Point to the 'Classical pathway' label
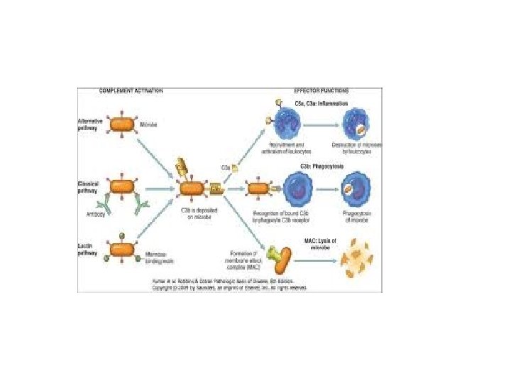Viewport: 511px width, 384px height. click(x=89, y=186)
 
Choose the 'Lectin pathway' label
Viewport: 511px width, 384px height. click(x=89, y=248)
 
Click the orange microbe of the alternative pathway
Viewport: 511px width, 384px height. click(x=123, y=124)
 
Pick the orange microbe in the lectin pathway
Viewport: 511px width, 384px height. click(x=123, y=249)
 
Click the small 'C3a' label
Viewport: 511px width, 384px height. click(x=224, y=167)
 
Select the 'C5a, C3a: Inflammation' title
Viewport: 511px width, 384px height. click(x=322, y=104)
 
